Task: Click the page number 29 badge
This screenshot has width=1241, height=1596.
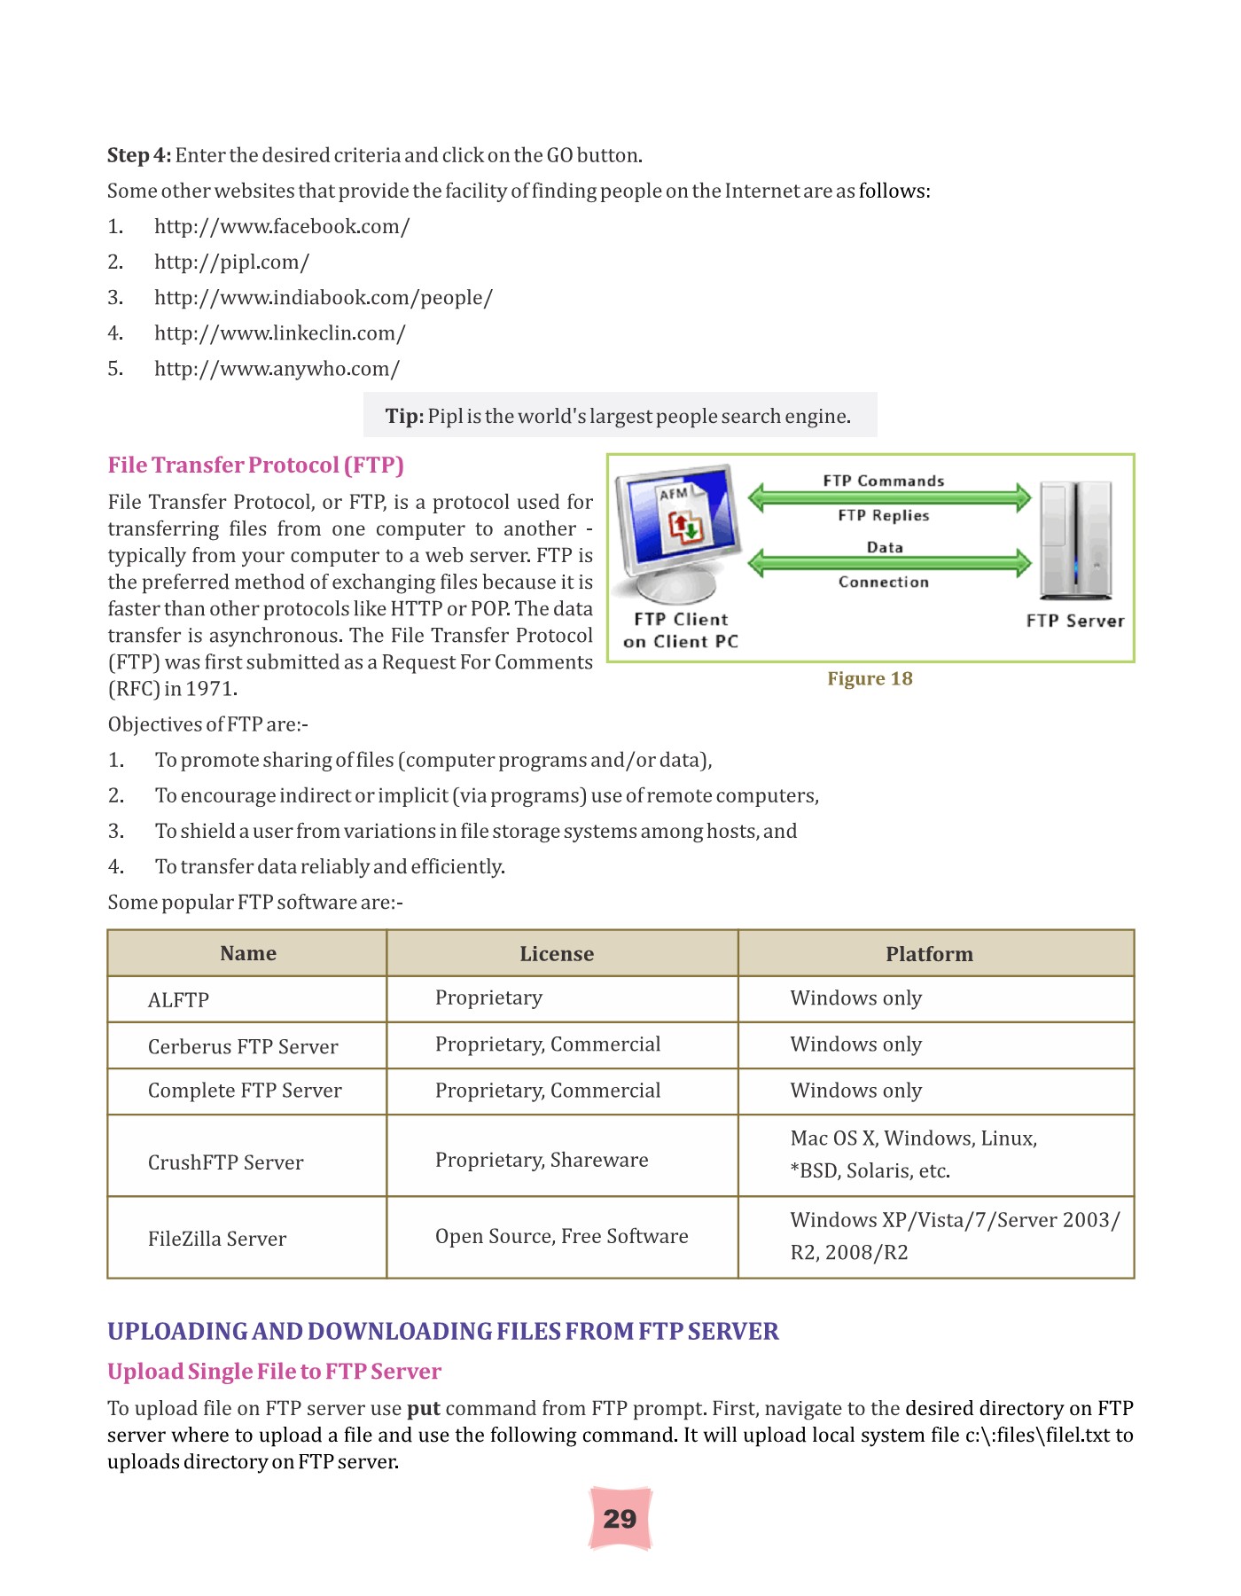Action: click(620, 1519)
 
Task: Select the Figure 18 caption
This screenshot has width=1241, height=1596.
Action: click(870, 678)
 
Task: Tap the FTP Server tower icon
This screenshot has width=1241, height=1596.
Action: click(1075, 542)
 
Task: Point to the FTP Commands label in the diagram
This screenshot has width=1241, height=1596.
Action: click(883, 481)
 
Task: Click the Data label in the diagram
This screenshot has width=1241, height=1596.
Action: click(885, 547)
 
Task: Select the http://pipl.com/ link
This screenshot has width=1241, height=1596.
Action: click(231, 262)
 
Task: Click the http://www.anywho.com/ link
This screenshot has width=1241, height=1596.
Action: click(277, 368)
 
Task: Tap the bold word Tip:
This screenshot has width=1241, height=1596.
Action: click(404, 416)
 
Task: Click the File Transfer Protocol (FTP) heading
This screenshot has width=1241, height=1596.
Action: click(255, 465)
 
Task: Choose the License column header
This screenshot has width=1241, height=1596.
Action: click(557, 953)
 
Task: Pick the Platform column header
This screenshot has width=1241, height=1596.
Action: click(929, 953)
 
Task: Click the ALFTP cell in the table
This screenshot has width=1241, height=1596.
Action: click(178, 999)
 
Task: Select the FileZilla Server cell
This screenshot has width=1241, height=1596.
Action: click(217, 1238)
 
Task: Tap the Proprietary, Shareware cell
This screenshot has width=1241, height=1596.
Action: click(542, 1160)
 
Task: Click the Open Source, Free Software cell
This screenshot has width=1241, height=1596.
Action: click(561, 1236)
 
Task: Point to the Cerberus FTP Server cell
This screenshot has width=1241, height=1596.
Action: click(243, 1046)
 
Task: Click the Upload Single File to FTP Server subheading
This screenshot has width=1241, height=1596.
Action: click(274, 1371)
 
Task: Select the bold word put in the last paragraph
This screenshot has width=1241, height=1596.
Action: click(424, 1408)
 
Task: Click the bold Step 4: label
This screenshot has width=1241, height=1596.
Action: click(139, 155)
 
